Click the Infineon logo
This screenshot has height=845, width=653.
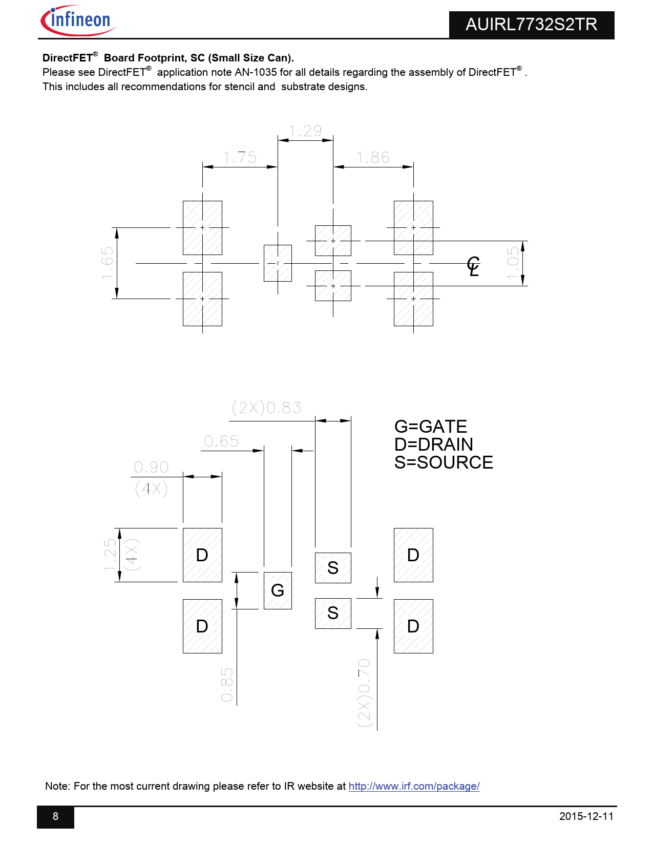click(x=78, y=20)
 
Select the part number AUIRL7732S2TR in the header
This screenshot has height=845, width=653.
click(x=531, y=25)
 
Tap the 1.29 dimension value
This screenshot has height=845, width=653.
click(x=305, y=131)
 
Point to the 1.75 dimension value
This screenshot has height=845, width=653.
click(x=240, y=158)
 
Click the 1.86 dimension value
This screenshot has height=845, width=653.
click(x=373, y=158)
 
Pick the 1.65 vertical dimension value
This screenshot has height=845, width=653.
click(x=108, y=263)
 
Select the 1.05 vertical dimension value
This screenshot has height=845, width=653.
click(x=513, y=263)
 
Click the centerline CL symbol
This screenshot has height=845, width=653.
click(x=473, y=266)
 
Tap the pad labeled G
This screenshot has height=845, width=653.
click(x=278, y=590)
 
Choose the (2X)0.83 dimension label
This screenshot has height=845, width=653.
click(x=266, y=408)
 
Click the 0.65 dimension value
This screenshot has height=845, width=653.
click(x=221, y=441)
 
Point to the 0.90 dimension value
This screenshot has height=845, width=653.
click(x=151, y=467)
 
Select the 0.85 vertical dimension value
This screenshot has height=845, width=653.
click(x=227, y=685)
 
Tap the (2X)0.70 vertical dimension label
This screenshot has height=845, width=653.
click(x=364, y=692)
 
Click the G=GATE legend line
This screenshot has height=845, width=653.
click(x=431, y=427)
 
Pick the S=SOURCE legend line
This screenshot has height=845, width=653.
click(x=444, y=462)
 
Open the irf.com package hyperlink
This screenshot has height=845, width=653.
click(x=414, y=786)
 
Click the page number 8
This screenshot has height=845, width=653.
click(x=56, y=816)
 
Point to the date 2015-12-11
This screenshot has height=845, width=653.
click(x=586, y=816)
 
